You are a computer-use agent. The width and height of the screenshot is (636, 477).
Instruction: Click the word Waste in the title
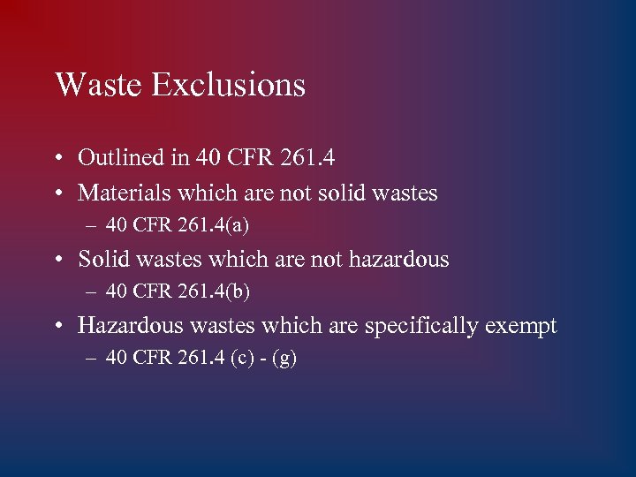pos(98,85)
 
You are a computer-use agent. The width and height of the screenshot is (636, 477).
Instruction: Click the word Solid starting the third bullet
pos(99,260)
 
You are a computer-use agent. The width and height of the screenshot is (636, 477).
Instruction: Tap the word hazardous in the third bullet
pos(403,260)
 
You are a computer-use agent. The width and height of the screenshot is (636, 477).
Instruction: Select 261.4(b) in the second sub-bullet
pos(216,292)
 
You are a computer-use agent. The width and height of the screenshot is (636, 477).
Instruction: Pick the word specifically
pos(421,327)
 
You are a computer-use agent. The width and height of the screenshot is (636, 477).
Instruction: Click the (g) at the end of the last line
pos(285,360)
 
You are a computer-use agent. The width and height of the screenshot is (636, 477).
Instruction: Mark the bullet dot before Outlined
pos(57,159)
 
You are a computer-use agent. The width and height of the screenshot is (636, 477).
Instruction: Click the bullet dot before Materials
pos(57,193)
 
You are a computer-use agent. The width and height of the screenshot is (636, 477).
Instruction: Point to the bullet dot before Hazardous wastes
pos(57,327)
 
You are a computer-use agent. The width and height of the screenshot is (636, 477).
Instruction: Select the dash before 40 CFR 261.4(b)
pos(93,293)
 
